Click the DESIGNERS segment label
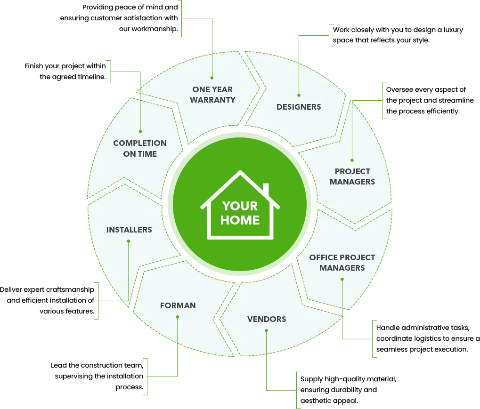[x=299, y=107]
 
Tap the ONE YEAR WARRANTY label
[x=212, y=94]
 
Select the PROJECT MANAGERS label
[x=352, y=176]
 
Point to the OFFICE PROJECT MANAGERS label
[x=342, y=263]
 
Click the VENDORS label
[x=267, y=319]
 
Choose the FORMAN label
[x=178, y=305]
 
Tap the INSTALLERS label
[x=129, y=230]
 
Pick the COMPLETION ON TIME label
[x=140, y=148]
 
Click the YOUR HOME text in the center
[x=240, y=213]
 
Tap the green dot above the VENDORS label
[x=266, y=330]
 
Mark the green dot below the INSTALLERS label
[x=129, y=241]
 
